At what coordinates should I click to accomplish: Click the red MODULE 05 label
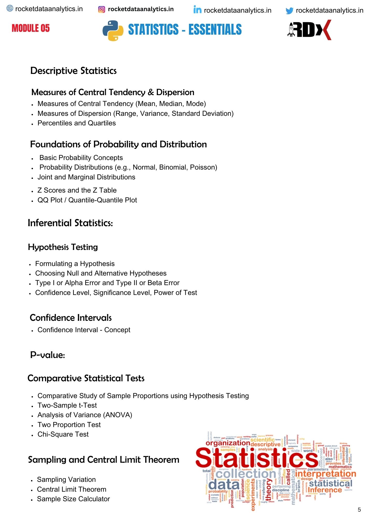[31, 28]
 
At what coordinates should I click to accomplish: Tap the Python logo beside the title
[113, 31]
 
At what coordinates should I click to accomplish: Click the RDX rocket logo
[309, 30]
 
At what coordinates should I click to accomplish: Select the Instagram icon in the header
[102, 10]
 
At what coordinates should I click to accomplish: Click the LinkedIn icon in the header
[197, 10]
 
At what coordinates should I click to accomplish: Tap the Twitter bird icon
[289, 11]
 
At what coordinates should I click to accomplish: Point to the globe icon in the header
[10, 9]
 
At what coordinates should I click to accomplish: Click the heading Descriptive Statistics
[74, 71]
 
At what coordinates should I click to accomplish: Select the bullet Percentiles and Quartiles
[77, 123]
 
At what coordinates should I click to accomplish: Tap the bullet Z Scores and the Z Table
[77, 190]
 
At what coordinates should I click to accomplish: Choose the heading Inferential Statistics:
[70, 223]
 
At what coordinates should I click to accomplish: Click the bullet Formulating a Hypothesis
[75, 264]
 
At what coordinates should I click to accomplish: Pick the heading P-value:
[47, 355]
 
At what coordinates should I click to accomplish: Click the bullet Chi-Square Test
[63, 434]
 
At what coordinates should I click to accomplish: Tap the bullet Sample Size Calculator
[73, 499]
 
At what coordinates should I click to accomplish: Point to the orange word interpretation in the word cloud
[325, 474]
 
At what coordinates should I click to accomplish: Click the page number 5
[359, 510]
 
